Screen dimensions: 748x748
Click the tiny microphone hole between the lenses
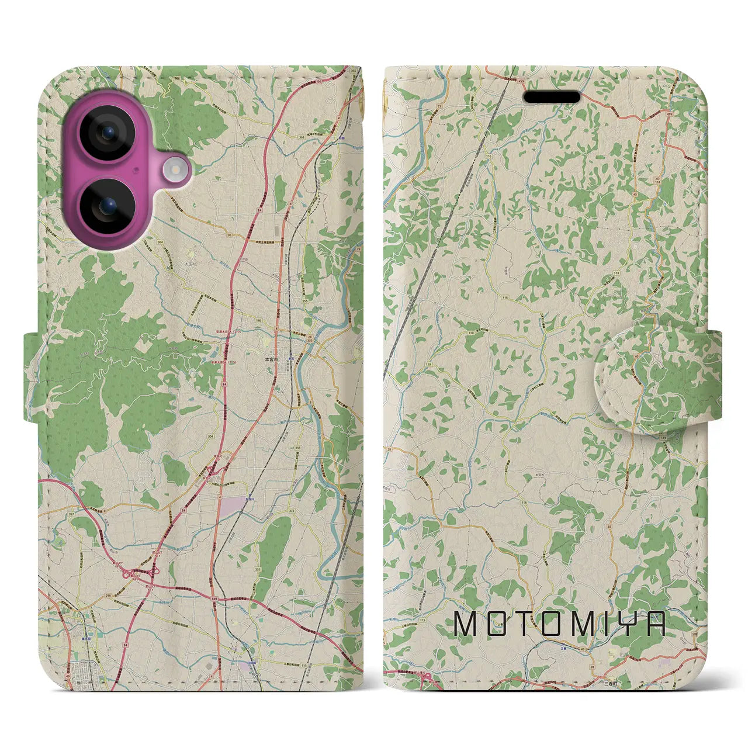[x=136, y=169]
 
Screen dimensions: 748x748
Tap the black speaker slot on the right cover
[x=552, y=96]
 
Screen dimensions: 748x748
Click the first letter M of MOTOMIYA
[x=466, y=624]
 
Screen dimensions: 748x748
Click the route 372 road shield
[x=290, y=511]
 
